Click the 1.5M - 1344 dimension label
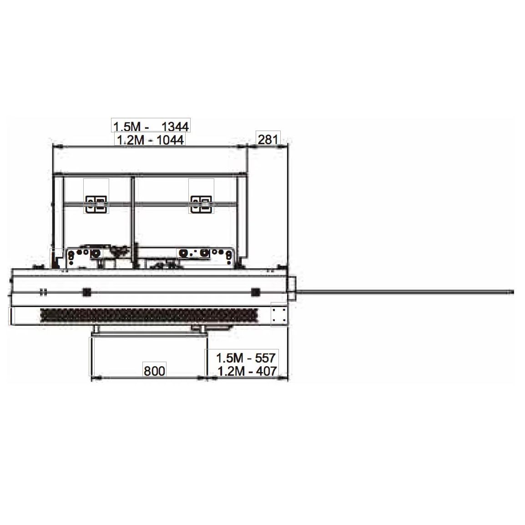tap(151, 126)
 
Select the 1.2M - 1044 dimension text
tap(150, 140)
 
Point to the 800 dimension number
tap(154, 371)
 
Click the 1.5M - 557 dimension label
tap(246, 358)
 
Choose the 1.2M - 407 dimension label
tap(247, 371)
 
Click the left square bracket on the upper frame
tap(96, 204)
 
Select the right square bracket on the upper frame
tap(201, 204)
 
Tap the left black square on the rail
tap(87, 293)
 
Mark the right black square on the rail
tap(256, 293)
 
